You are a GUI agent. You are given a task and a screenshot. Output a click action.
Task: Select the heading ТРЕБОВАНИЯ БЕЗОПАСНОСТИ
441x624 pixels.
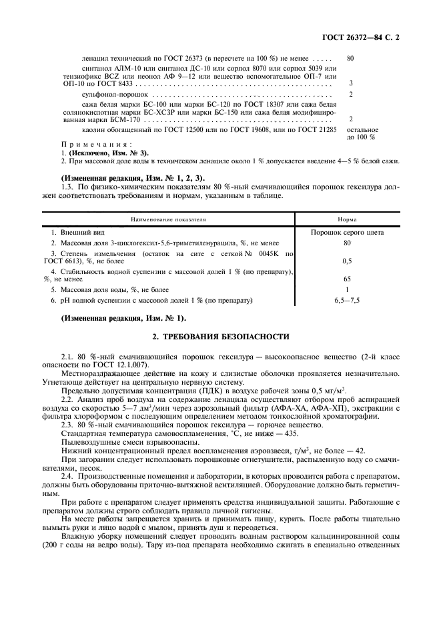(x=221, y=337)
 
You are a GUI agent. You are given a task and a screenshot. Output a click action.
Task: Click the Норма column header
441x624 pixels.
(x=346, y=219)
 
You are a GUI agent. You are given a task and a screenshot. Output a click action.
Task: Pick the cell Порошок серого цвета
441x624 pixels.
(x=346, y=232)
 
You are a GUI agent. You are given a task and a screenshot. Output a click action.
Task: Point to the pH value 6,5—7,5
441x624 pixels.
(x=346, y=301)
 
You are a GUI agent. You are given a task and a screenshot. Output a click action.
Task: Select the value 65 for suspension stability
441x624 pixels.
(x=346, y=279)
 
